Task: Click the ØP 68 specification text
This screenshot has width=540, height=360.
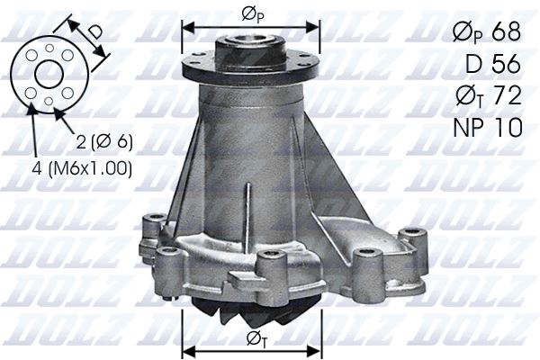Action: pyautogui.click(x=485, y=31)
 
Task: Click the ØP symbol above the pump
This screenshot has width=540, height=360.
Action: pyautogui.click(x=251, y=13)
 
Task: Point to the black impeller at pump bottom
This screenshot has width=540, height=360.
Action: pyautogui.click(x=252, y=311)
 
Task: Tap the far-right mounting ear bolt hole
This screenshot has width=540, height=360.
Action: pyautogui.click(x=413, y=234)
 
